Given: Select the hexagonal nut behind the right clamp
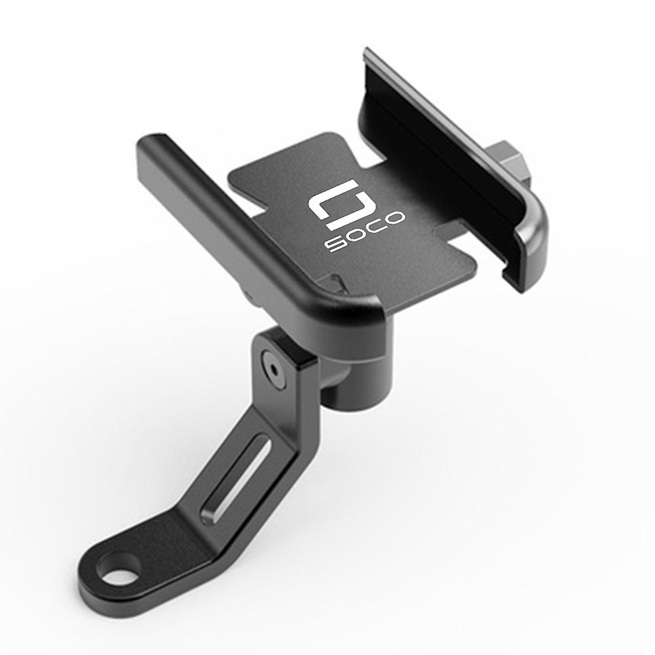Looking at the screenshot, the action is pyautogui.click(x=507, y=162).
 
